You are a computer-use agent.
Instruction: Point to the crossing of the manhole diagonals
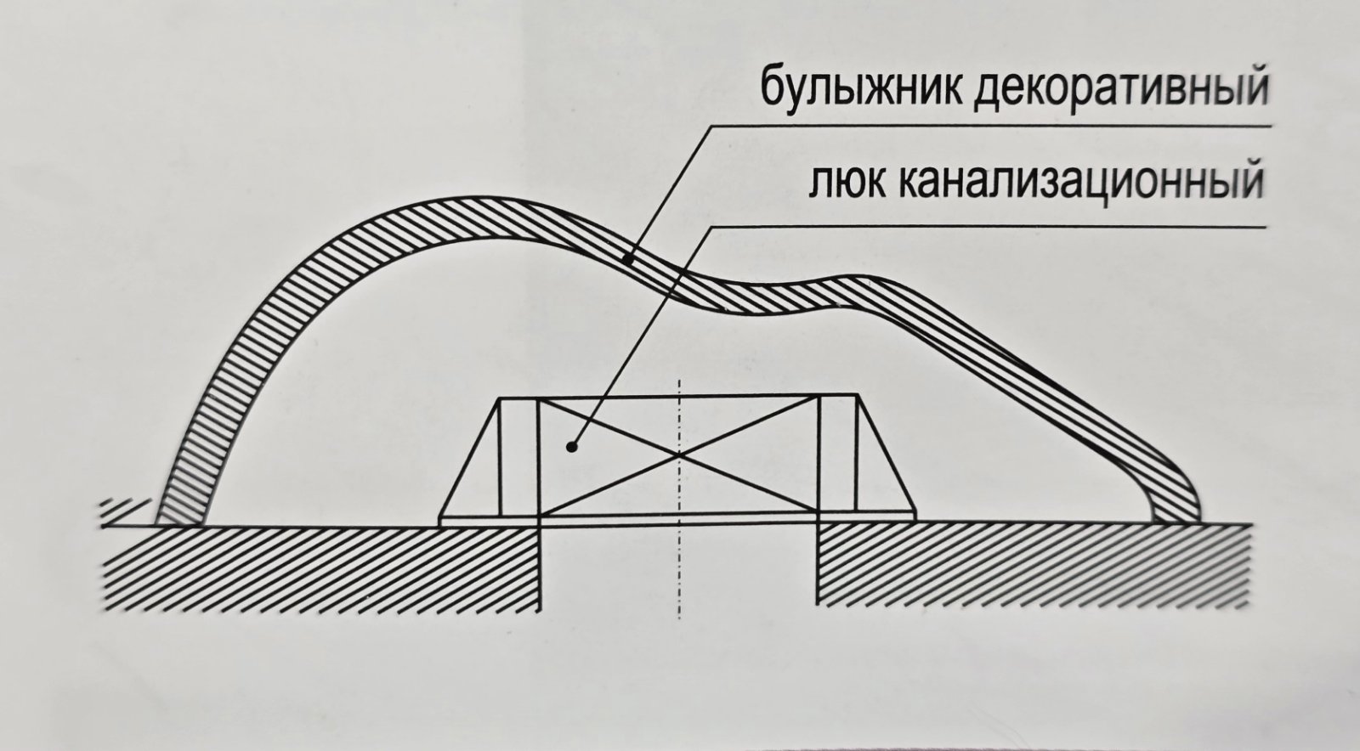pyautogui.click(x=679, y=455)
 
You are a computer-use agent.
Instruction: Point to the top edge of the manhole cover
pyautogui.click(x=679, y=398)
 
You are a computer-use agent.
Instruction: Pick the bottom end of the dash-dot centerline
pyautogui.click(x=679, y=616)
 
